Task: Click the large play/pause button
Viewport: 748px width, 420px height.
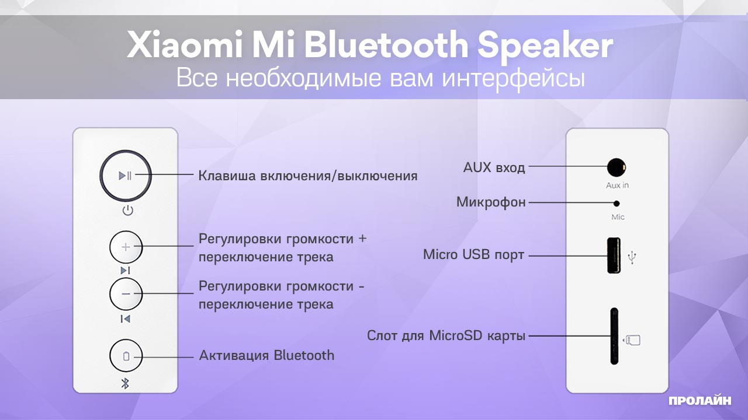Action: coord(125,175)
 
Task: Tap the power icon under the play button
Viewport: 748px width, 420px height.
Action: coord(127,211)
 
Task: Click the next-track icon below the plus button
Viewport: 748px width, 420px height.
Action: coord(125,271)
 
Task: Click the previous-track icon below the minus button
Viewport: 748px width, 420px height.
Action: coord(125,318)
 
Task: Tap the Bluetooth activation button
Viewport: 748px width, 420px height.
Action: coord(126,356)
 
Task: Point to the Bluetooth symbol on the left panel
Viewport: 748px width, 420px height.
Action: coord(124,383)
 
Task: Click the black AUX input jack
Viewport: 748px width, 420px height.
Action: coord(615,168)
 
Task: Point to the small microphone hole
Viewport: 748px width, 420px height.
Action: coord(617,203)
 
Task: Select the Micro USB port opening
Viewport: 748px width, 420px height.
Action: coord(614,255)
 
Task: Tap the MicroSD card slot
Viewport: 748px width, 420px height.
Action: coord(614,336)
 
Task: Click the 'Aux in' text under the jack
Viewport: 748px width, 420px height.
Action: coord(617,185)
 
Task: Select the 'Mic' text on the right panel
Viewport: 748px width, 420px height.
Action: coord(618,217)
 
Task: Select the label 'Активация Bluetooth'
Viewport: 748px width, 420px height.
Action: coord(266,355)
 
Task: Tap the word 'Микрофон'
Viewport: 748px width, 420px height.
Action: coord(491,202)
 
